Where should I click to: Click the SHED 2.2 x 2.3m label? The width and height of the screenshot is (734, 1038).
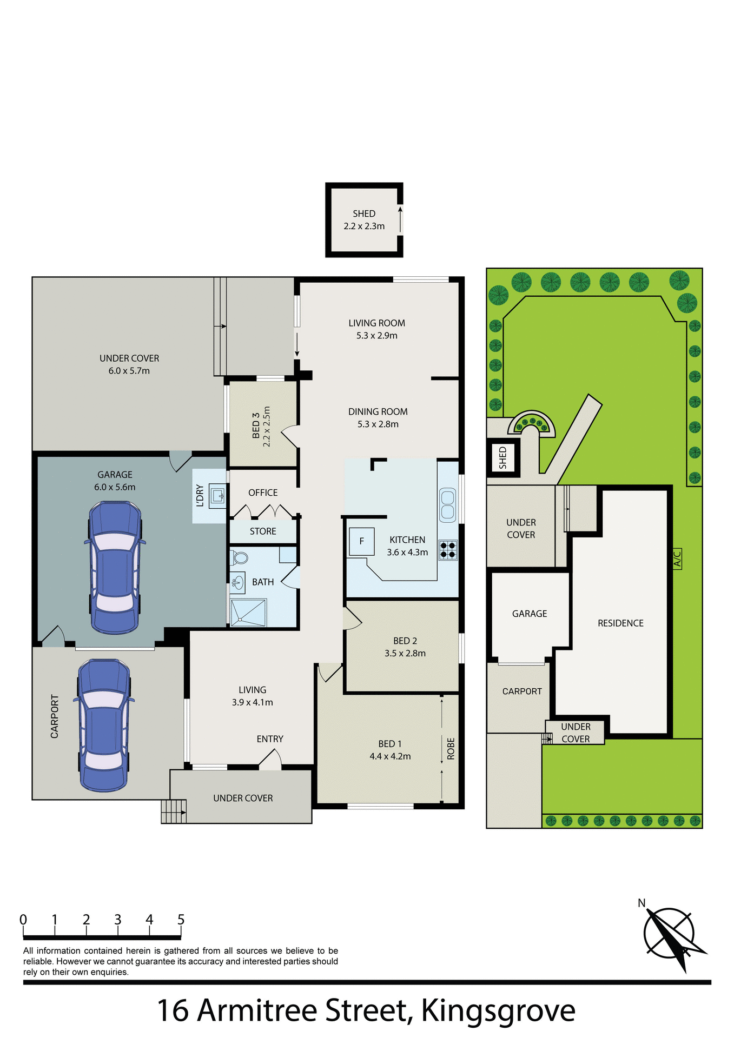(x=364, y=220)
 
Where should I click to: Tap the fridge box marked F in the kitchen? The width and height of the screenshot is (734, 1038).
(x=361, y=541)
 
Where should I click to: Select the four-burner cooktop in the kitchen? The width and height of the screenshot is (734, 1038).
(x=448, y=550)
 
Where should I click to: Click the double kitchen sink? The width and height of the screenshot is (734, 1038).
(x=447, y=505)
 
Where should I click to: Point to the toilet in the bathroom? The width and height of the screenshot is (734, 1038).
(x=239, y=557)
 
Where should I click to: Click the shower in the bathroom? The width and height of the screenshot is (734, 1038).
(x=248, y=613)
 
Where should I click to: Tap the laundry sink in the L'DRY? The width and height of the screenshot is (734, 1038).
(x=218, y=495)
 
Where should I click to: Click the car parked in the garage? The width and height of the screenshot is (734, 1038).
(x=115, y=568)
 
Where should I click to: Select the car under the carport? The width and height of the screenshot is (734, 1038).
(x=104, y=725)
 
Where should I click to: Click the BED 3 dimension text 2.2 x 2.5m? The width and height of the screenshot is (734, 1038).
(x=266, y=426)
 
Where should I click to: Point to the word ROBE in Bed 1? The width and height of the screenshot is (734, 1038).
(x=451, y=749)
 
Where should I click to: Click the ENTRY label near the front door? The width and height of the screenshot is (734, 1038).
(x=270, y=739)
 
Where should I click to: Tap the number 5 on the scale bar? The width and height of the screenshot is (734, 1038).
(x=181, y=920)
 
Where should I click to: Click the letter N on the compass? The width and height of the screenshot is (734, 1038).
(x=642, y=903)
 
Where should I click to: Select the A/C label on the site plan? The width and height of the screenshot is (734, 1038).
(x=677, y=558)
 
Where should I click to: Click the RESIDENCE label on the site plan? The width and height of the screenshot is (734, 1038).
(x=620, y=623)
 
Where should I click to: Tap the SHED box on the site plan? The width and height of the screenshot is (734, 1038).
(x=503, y=457)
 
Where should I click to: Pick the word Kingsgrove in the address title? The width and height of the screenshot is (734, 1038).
(x=498, y=1010)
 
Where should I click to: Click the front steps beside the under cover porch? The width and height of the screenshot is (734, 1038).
(x=174, y=811)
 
